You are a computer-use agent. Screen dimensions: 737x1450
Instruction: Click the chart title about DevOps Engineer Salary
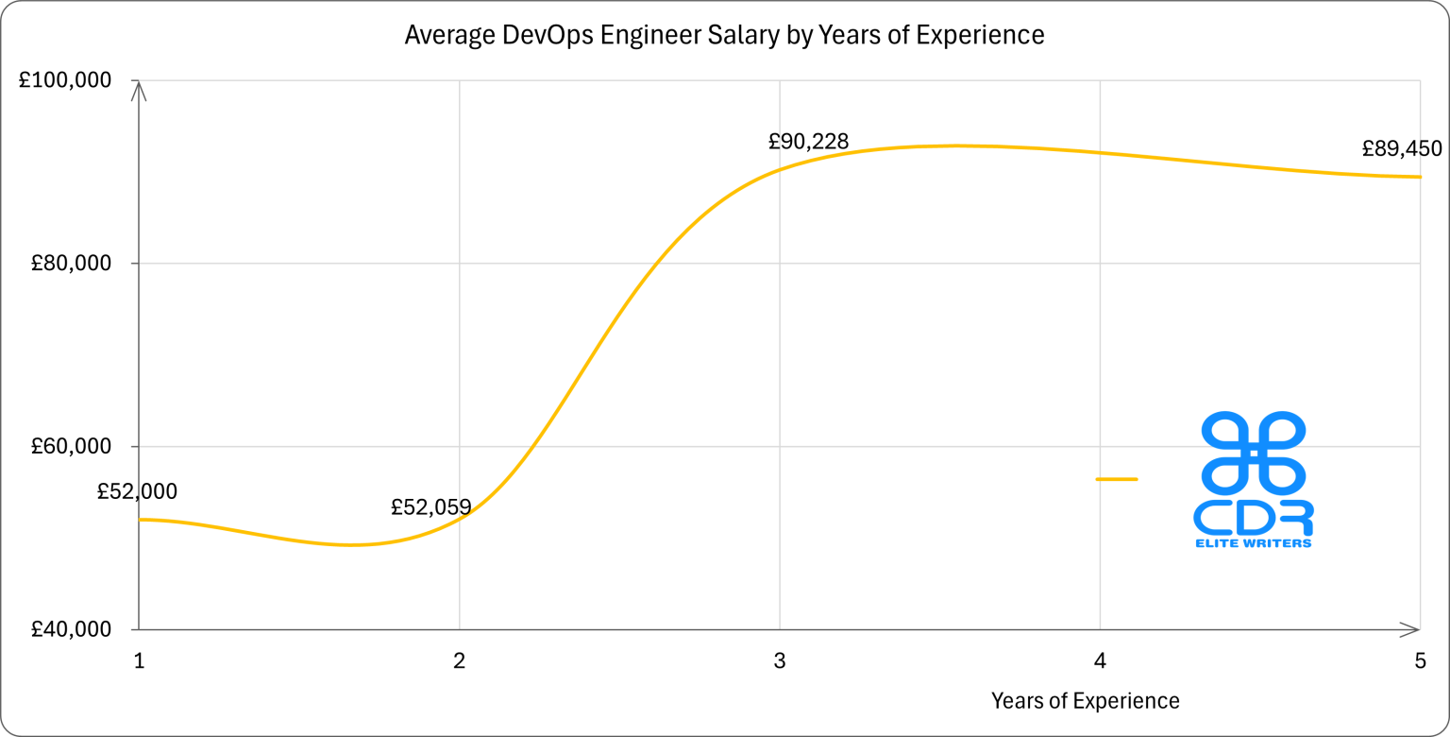pyautogui.click(x=724, y=35)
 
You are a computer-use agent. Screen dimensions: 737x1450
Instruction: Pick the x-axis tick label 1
pyautogui.click(x=139, y=661)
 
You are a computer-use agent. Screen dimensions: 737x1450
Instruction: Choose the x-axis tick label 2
pyautogui.click(x=459, y=661)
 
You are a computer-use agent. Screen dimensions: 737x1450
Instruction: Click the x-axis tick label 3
pyautogui.click(x=779, y=661)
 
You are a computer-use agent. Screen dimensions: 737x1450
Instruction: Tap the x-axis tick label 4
pyautogui.click(x=1100, y=661)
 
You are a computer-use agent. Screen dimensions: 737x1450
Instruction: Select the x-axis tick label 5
pyautogui.click(x=1420, y=661)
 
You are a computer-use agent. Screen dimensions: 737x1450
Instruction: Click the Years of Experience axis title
pyautogui.click(x=1085, y=701)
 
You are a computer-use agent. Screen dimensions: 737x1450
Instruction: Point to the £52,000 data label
pyautogui.click(x=137, y=491)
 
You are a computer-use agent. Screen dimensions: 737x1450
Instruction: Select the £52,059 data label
pyautogui.click(x=430, y=507)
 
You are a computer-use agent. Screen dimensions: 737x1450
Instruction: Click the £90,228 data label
pyautogui.click(x=808, y=142)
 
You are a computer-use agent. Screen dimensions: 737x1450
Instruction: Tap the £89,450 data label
pyautogui.click(x=1402, y=148)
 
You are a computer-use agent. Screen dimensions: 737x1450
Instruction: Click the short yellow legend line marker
pyautogui.click(x=1116, y=479)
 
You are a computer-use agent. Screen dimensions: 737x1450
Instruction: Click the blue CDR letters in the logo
pyautogui.click(x=1253, y=516)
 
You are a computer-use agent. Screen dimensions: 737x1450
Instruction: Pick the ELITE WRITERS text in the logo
pyautogui.click(x=1253, y=543)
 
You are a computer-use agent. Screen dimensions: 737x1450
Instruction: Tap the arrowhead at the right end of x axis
pyautogui.click(x=1411, y=629)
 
